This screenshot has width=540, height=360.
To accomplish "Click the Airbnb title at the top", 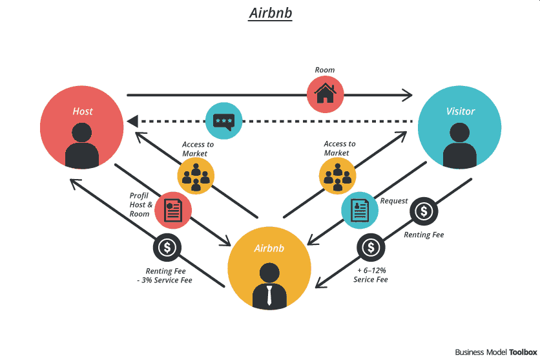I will pyautogui.click(x=270, y=14).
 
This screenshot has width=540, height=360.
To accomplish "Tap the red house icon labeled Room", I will pyautogui.click(x=326, y=94).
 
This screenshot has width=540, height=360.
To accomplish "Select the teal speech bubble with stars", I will pyautogui.click(x=224, y=121).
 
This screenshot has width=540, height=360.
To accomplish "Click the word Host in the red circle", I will pyautogui.click(x=83, y=111).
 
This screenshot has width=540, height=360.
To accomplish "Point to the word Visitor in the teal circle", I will pyautogui.click(x=460, y=111).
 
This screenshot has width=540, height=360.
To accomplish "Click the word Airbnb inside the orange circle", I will pyautogui.click(x=269, y=248).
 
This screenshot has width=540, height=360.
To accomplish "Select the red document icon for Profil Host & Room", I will pyautogui.click(x=173, y=210).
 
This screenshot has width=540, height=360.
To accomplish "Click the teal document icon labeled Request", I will pyautogui.click(x=359, y=210).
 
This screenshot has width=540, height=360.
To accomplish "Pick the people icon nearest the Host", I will pyautogui.click(x=196, y=176).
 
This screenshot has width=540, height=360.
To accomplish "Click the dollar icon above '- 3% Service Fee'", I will pyautogui.click(x=167, y=247).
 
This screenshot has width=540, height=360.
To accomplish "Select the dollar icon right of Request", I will pyautogui.click(x=424, y=211).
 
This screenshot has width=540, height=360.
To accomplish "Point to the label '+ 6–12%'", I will pyautogui.click(x=371, y=270).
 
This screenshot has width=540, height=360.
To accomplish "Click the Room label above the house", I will pyautogui.click(x=325, y=70).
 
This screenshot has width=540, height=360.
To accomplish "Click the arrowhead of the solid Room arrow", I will pyautogui.click(x=407, y=95).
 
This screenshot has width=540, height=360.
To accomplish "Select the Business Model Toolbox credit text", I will pyautogui.click(x=495, y=352).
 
